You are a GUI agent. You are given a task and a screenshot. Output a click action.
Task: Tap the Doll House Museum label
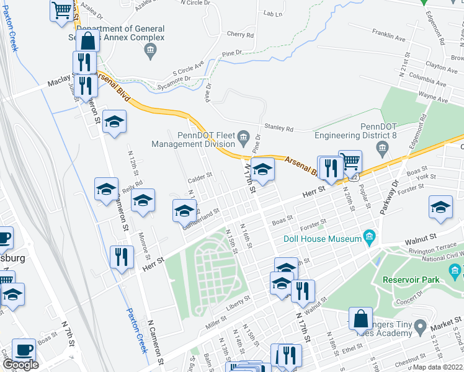tap(323, 239)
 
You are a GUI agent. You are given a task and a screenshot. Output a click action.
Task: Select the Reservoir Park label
tap(410, 279)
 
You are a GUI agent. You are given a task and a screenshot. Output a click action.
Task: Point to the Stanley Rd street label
tap(279, 128)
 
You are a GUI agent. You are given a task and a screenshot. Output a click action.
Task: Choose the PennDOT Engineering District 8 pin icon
tap(381, 147)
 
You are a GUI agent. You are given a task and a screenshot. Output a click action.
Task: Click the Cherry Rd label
tap(240, 35)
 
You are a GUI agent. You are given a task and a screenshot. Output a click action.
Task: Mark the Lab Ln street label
tap(272, 14)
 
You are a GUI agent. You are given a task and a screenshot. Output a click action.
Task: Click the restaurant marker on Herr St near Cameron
tap(122, 255)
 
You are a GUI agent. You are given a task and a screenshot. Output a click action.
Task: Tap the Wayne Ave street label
tap(434, 97)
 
